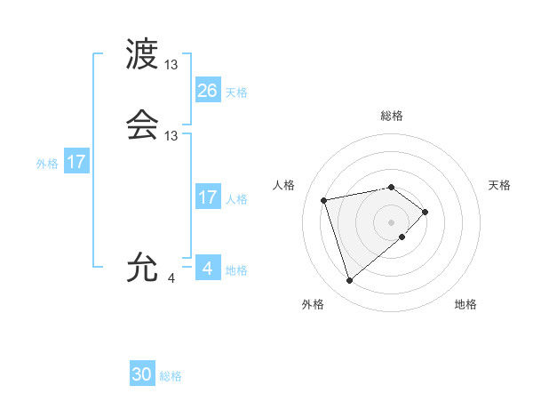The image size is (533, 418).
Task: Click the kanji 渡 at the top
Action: click(x=143, y=55)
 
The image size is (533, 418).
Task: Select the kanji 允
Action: click(x=143, y=267)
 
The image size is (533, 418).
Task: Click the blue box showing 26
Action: click(x=207, y=91)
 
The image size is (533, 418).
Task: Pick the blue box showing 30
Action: click(x=142, y=374)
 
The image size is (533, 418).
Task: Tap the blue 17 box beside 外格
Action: click(x=76, y=163)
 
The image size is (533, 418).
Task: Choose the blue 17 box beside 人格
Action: click(x=207, y=197)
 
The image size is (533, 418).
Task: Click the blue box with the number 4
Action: click(x=207, y=268)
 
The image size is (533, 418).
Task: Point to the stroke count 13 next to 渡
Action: click(x=171, y=65)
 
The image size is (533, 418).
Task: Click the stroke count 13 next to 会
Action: click(x=171, y=136)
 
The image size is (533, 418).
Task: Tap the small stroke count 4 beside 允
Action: click(x=171, y=278)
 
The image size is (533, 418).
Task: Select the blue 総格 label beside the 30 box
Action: click(x=171, y=376)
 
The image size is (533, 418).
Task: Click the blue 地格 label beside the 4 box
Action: click(x=236, y=270)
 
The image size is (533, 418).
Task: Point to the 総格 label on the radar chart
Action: click(x=392, y=116)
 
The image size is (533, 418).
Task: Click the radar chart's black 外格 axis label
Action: click(x=313, y=304)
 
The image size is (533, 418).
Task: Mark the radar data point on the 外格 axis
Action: click(x=350, y=281)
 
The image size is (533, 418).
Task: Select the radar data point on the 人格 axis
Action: click(x=324, y=199)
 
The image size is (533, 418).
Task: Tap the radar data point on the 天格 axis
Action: click(x=426, y=212)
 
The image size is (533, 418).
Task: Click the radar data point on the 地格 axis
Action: click(x=402, y=237)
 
